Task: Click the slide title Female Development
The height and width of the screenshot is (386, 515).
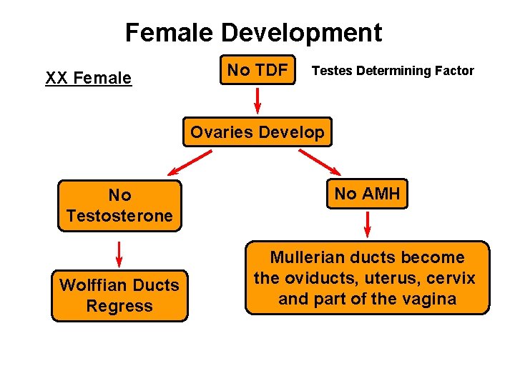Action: tap(253, 33)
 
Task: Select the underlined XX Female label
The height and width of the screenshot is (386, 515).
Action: tap(89, 78)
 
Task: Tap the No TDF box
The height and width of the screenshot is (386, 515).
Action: tap(257, 70)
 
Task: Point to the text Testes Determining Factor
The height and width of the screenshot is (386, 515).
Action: tap(393, 71)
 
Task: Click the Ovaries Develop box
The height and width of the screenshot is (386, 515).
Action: tap(257, 132)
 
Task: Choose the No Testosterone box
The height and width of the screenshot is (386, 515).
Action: tap(119, 205)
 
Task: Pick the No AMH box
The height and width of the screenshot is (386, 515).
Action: tap(367, 193)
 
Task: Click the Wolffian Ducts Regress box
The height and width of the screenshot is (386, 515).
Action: tap(119, 295)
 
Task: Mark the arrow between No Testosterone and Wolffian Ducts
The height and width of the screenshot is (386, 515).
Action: tap(119, 252)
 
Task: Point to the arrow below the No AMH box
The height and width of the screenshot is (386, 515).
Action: tap(368, 223)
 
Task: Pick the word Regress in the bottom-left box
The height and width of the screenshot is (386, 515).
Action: tap(119, 306)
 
